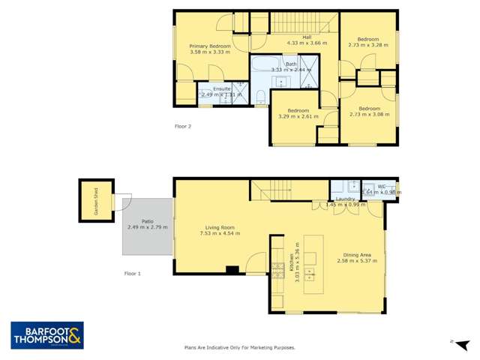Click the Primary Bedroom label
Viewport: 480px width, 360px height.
pyautogui.click(x=210, y=46)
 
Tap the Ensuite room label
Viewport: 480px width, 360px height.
pyautogui.click(x=222, y=89)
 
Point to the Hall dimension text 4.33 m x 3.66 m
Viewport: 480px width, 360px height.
pyautogui.click(x=307, y=43)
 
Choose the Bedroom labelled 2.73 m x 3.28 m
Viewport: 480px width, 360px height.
pyautogui.click(x=367, y=39)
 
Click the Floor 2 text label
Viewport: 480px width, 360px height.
pyautogui.click(x=183, y=126)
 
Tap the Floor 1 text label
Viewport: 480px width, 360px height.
pyautogui.click(x=132, y=274)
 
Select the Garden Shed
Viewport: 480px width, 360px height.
pyautogui.click(x=96, y=200)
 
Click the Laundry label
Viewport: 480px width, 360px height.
pyautogui.click(x=345, y=199)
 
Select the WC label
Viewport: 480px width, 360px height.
pyautogui.click(x=382, y=186)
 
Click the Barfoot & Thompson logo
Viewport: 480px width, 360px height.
pyautogui.click(x=46, y=335)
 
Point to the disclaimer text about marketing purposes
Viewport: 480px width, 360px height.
pyautogui.click(x=239, y=347)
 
